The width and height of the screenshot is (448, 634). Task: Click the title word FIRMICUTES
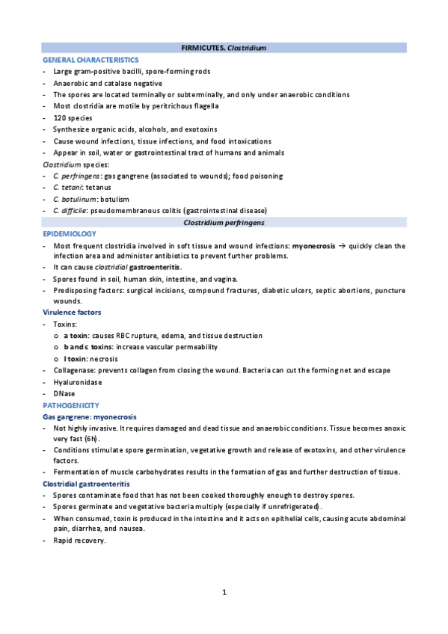pyautogui.click(x=203, y=48)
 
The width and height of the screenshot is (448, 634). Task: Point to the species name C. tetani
pyautogui.click(x=67, y=188)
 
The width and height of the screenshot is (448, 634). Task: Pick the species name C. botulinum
pyautogui.click(x=74, y=200)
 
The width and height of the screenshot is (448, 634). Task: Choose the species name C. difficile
pyautogui.click(x=71, y=211)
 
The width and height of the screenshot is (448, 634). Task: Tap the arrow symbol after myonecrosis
pyautogui.click(x=339, y=246)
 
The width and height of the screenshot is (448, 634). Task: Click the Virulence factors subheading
pyautogui.click(x=72, y=313)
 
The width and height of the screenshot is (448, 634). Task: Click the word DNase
pyautogui.click(x=64, y=393)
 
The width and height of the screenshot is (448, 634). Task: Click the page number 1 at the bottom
pyautogui.click(x=224, y=594)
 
